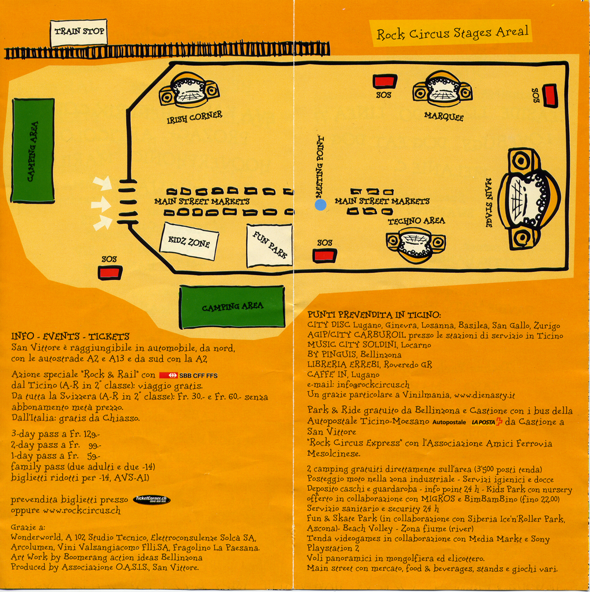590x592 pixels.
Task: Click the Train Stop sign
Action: tap(78, 32)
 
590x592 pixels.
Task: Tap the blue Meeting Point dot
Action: tap(321, 204)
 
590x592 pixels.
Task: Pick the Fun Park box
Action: tap(270, 245)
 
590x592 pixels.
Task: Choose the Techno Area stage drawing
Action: tap(415, 243)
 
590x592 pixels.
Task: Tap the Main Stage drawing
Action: tap(528, 198)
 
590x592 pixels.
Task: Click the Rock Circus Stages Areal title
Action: tap(452, 33)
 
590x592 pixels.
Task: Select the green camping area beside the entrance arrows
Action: tap(33, 151)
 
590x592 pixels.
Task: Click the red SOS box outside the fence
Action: tap(110, 272)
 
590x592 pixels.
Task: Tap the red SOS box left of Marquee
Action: tap(384, 81)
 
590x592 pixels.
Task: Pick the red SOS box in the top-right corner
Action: tap(550, 96)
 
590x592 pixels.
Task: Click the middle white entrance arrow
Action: tap(101, 204)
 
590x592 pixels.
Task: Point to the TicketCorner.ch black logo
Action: tap(152, 500)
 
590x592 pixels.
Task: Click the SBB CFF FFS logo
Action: tap(188, 375)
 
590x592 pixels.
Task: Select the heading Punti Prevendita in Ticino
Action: tap(375, 315)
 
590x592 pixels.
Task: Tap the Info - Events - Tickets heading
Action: tap(70, 336)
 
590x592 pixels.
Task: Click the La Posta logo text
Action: tap(487, 422)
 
